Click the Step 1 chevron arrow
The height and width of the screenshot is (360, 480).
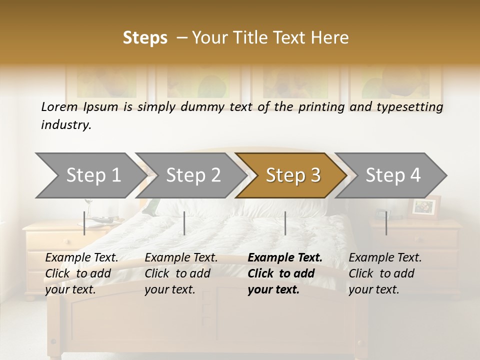90,175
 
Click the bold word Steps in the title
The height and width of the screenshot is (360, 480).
145,37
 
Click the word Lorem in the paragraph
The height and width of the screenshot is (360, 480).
59,106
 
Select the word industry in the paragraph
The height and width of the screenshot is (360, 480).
65,124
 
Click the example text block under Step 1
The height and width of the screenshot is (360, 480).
81,273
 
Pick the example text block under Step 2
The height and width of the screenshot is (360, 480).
181,273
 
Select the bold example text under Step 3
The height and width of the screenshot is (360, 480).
284,273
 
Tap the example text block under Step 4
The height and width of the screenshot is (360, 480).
385,273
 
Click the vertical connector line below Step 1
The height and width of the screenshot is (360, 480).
84,223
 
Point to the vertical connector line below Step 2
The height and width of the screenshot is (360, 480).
184,223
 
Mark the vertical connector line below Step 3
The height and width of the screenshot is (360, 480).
285,223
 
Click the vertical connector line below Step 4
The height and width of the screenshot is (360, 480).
386,223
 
